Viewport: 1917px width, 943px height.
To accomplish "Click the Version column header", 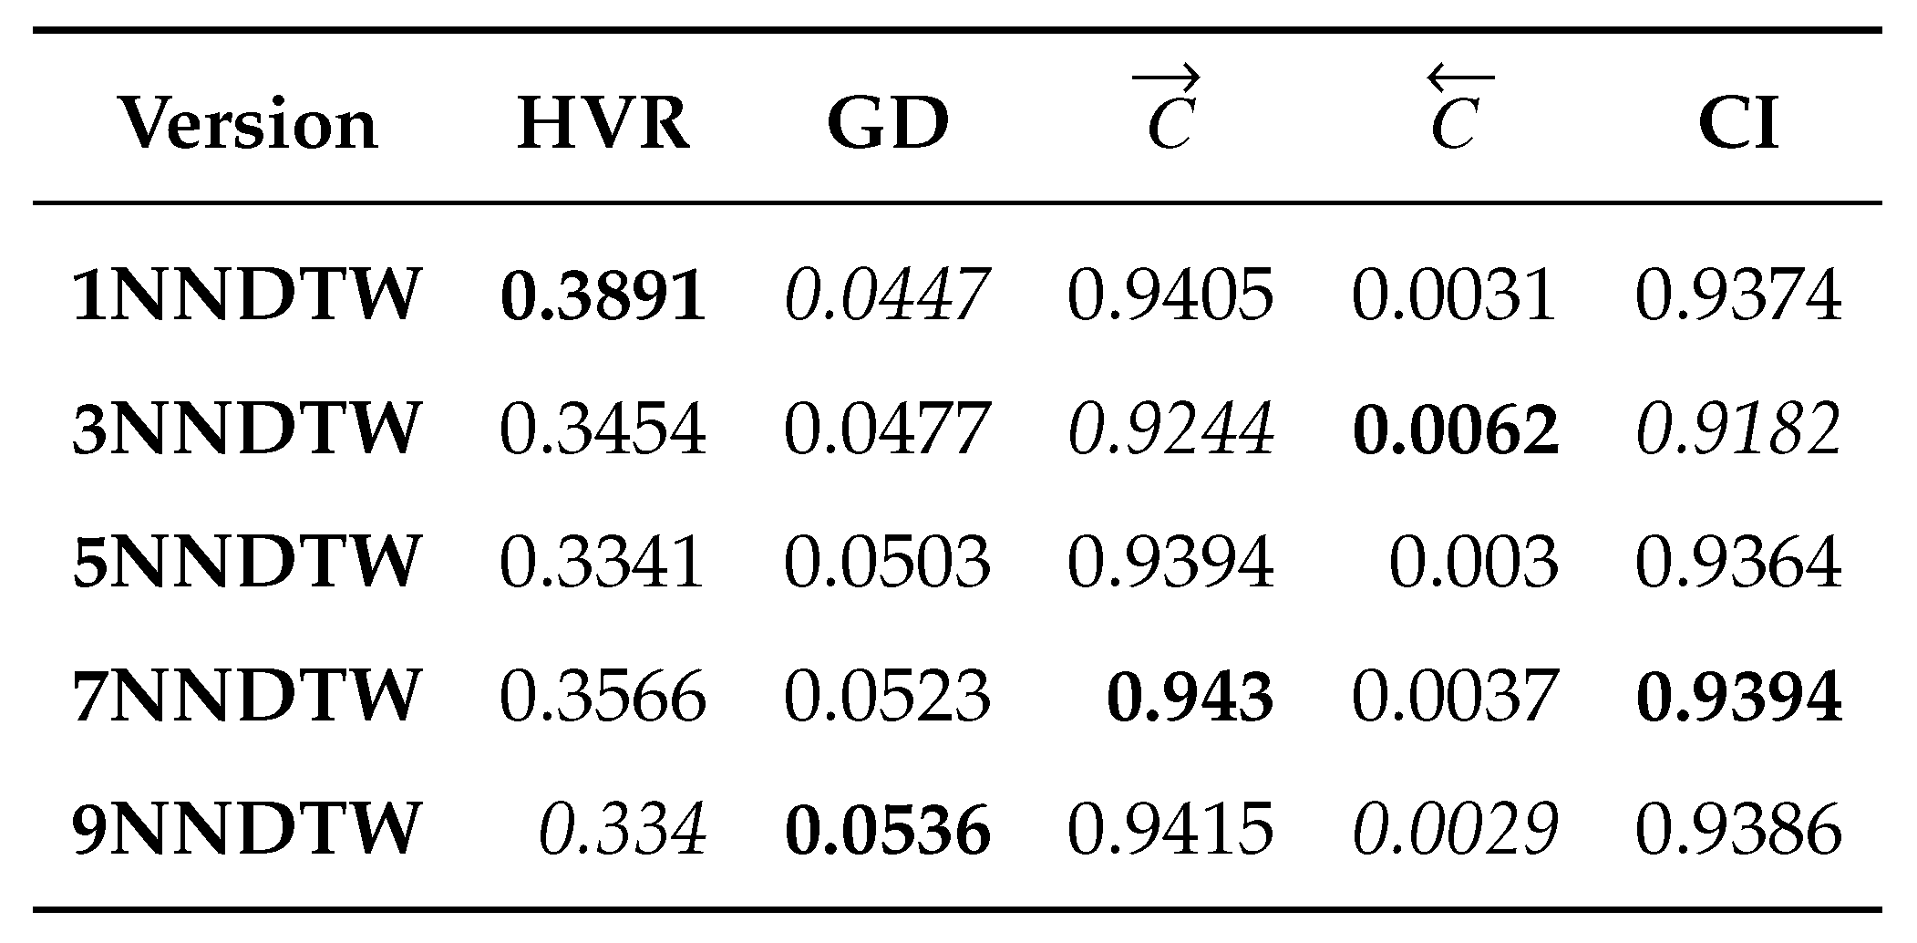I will pos(247,124).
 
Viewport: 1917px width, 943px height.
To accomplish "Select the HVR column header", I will pos(603,124).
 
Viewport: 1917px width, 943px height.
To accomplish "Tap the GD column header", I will pos(887,124).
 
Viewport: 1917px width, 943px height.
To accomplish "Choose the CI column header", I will pos(1737,124).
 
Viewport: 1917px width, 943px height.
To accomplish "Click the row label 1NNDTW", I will pos(246,295).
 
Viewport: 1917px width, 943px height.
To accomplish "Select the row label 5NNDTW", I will pos(246,562).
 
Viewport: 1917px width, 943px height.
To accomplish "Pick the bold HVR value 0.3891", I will pos(603,295).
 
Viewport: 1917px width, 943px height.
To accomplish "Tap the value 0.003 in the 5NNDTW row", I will pos(1473,562).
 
